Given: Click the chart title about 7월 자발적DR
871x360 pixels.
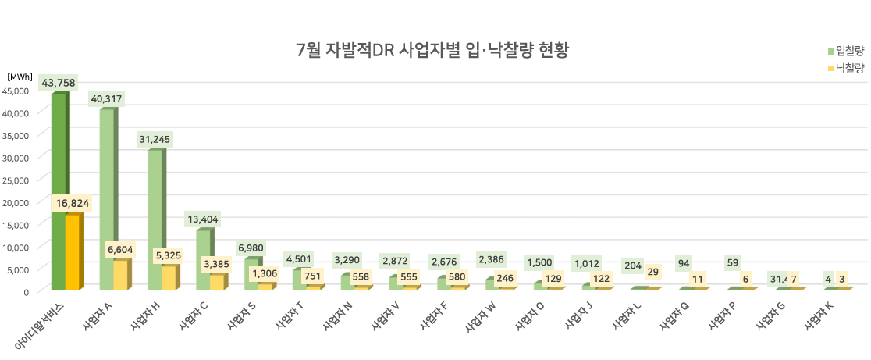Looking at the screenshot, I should (x=432, y=52).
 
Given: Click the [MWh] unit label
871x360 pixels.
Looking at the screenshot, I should (x=20, y=77).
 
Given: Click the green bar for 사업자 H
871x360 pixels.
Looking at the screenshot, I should (x=155, y=219).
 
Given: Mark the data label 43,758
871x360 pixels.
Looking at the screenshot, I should (x=59, y=83).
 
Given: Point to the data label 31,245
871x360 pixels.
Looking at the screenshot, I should (x=155, y=140).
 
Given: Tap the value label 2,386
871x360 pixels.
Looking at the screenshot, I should (x=492, y=259).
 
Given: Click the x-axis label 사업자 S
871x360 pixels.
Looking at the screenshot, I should (x=241, y=318).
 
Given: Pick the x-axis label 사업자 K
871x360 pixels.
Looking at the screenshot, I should (x=819, y=318).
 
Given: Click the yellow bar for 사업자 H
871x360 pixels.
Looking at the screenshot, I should (x=169, y=278).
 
